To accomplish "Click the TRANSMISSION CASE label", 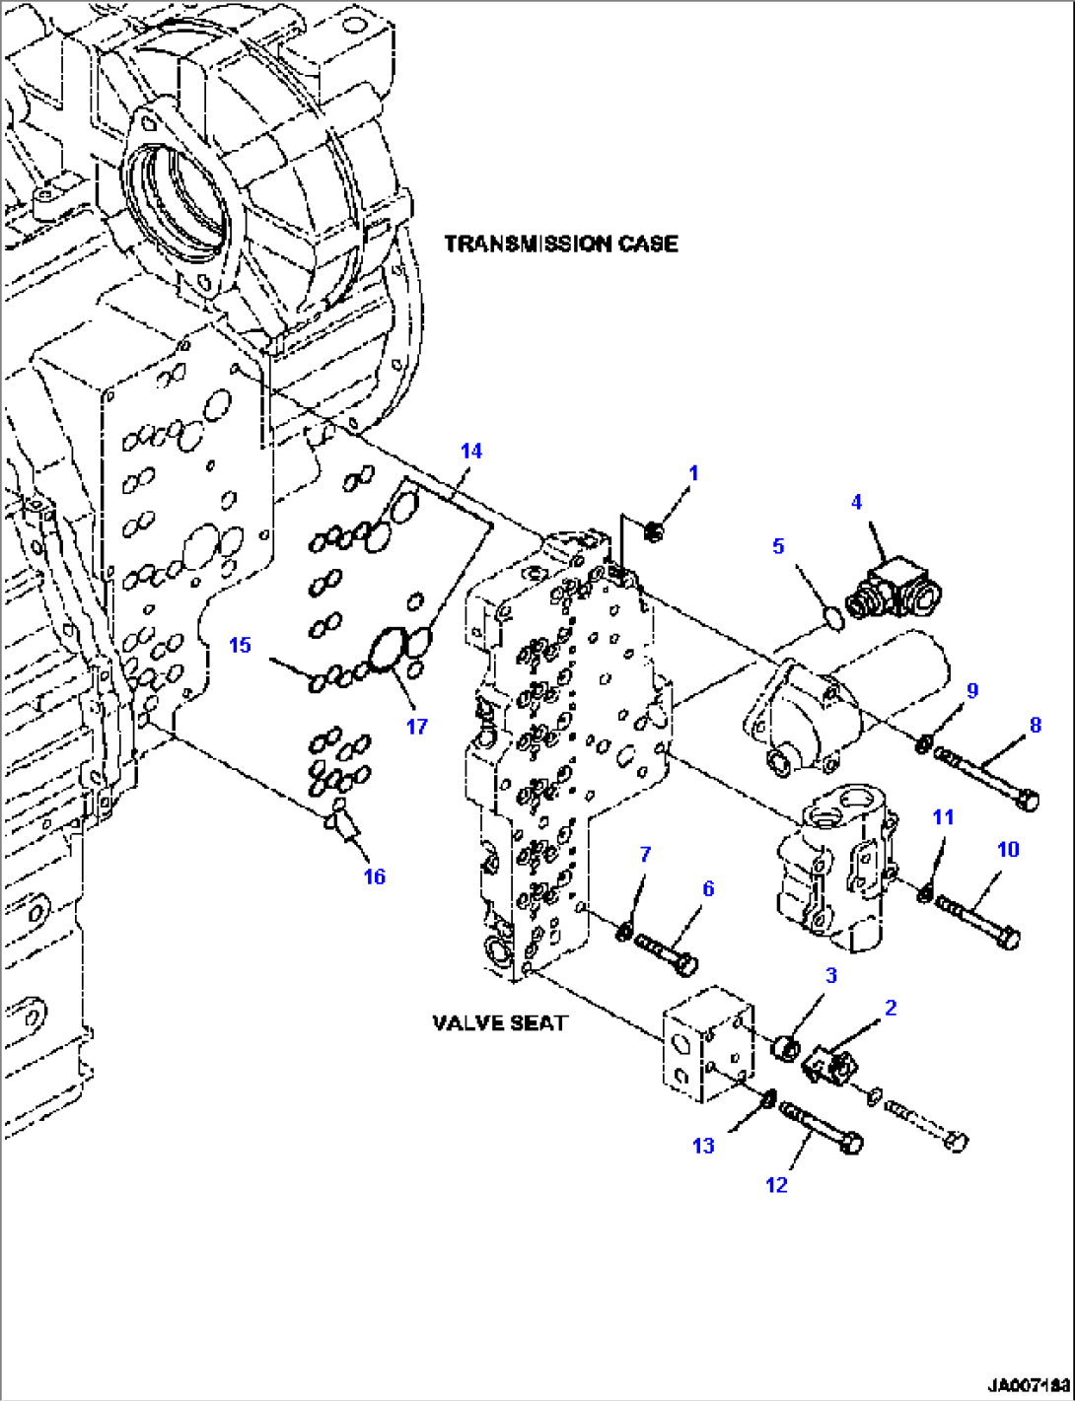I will (560, 244).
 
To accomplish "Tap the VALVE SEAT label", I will (500, 1022).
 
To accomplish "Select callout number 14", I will (471, 451).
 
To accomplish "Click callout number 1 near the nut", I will (693, 473).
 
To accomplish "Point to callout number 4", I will (856, 502).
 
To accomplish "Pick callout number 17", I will (417, 726).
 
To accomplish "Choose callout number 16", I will (375, 876).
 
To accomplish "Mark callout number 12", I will (776, 1184).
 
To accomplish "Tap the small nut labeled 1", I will (652, 533).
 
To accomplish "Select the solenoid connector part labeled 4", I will (895, 590).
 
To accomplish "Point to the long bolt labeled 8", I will (986, 778).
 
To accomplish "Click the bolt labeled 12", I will (822, 1126).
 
